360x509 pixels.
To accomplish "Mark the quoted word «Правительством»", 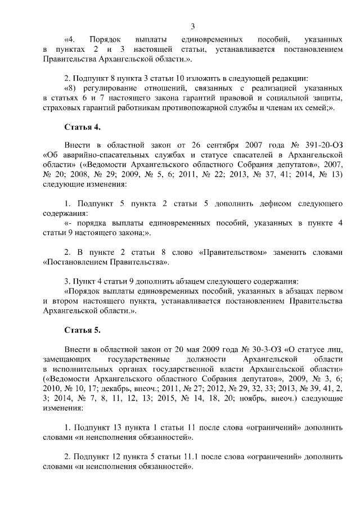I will click(x=232, y=252).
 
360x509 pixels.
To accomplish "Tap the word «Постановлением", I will click(x=74, y=262).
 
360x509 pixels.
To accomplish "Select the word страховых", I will click(x=61, y=108).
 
